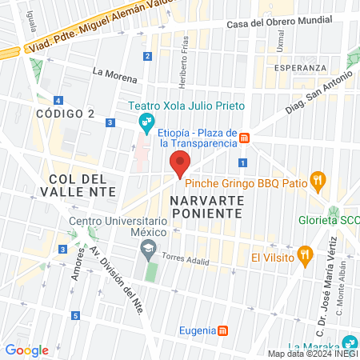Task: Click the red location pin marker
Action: (x=180, y=163)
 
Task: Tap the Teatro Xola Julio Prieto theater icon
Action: (x=146, y=122)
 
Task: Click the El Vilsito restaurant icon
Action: (x=304, y=257)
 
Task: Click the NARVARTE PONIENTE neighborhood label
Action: (x=206, y=206)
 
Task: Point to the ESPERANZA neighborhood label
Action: (x=298, y=68)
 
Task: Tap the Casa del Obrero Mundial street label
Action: (x=279, y=23)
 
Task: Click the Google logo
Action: (x=27, y=350)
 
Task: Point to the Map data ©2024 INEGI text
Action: (x=313, y=354)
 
